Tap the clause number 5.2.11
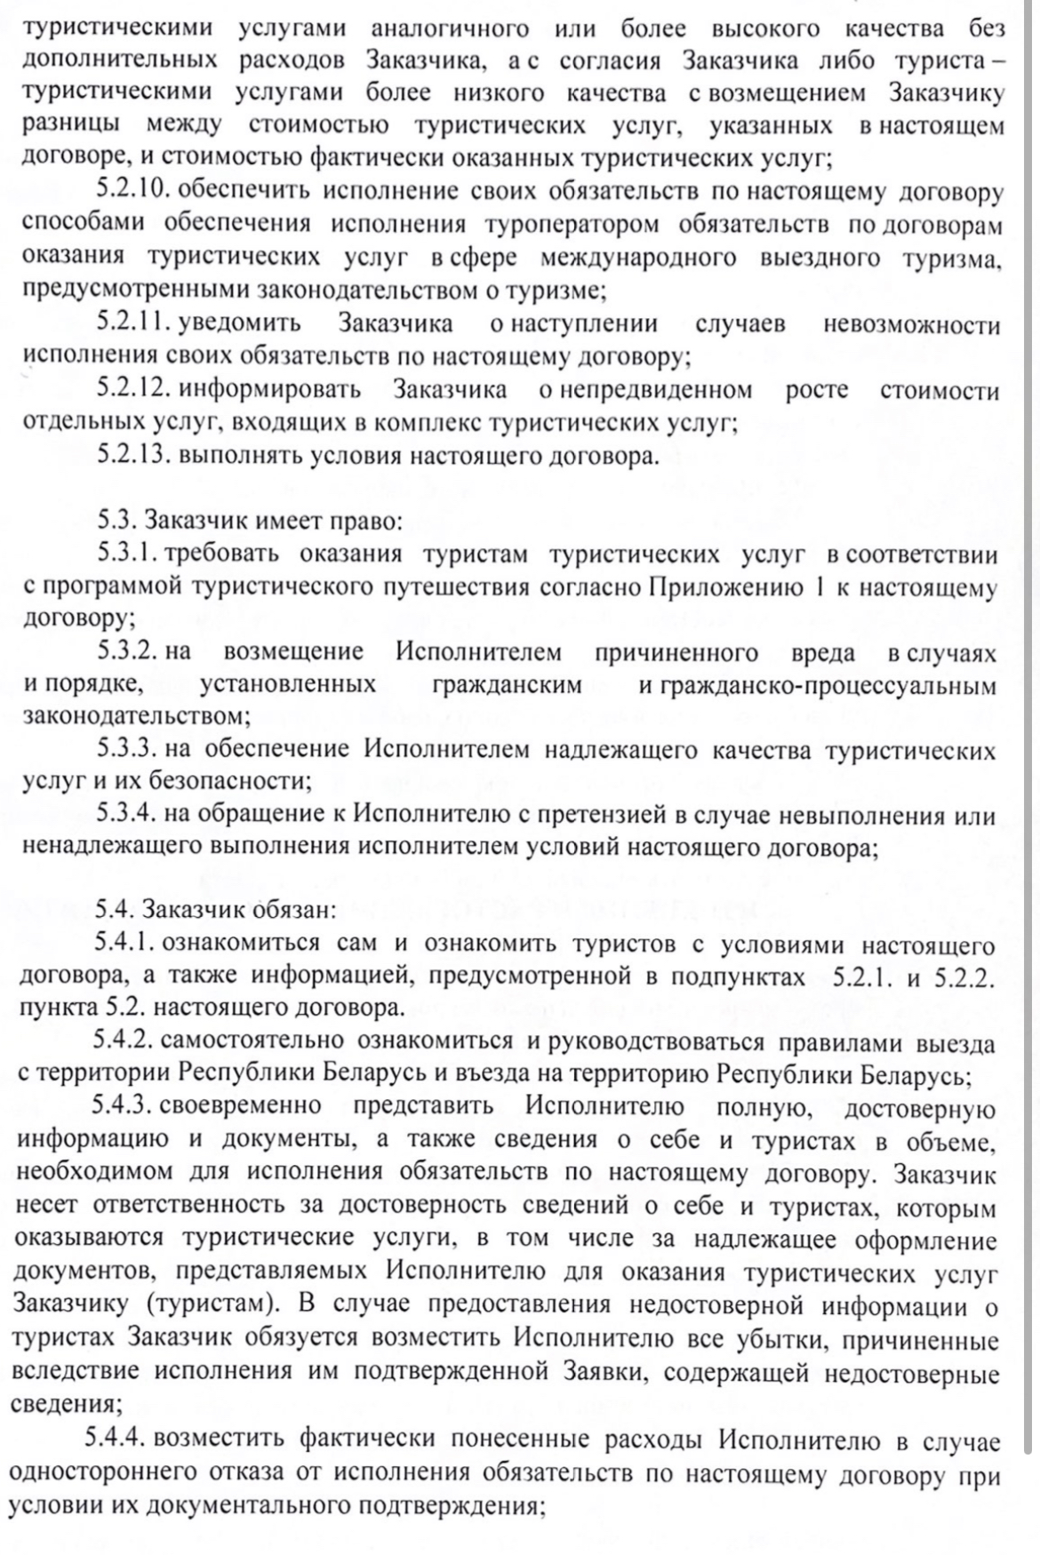134,323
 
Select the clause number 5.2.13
134,455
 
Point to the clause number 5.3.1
128,554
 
